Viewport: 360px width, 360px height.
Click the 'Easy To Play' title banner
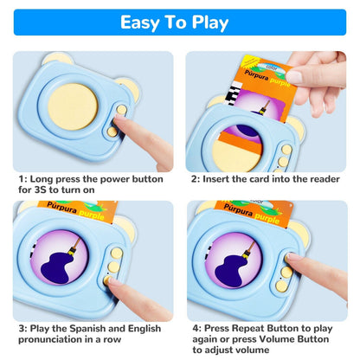point(180,22)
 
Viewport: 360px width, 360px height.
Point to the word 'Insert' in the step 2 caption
point(220,178)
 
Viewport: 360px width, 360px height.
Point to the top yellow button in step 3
point(115,254)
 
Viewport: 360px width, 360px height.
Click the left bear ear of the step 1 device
point(58,59)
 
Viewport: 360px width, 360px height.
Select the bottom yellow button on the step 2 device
point(284,162)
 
